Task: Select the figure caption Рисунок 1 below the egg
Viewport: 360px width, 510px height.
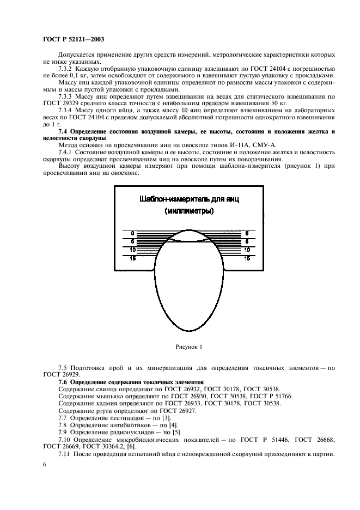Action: point(188,346)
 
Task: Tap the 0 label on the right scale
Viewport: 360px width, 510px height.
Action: point(247,233)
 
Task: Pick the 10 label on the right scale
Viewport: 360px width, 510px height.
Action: point(247,250)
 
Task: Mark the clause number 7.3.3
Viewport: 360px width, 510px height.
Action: point(68,96)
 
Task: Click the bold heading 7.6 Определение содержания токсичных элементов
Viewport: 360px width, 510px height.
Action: point(130,382)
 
